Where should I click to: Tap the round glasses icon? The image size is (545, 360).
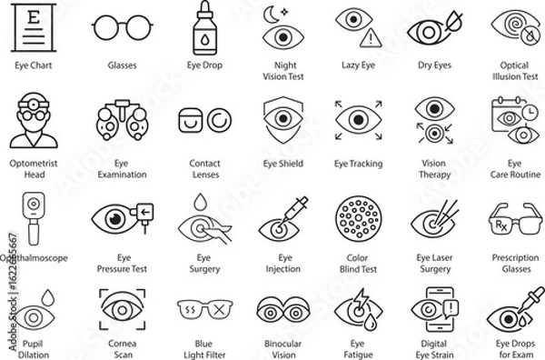[122, 27]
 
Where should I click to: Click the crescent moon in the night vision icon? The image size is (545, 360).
[270, 14]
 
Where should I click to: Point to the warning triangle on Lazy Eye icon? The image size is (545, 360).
[371, 37]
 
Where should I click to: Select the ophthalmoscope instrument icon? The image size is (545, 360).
[34, 216]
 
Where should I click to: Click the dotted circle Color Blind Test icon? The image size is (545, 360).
[358, 218]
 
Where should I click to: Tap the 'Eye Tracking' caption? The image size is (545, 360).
[358, 164]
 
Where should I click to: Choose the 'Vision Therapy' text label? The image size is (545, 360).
[435, 169]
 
